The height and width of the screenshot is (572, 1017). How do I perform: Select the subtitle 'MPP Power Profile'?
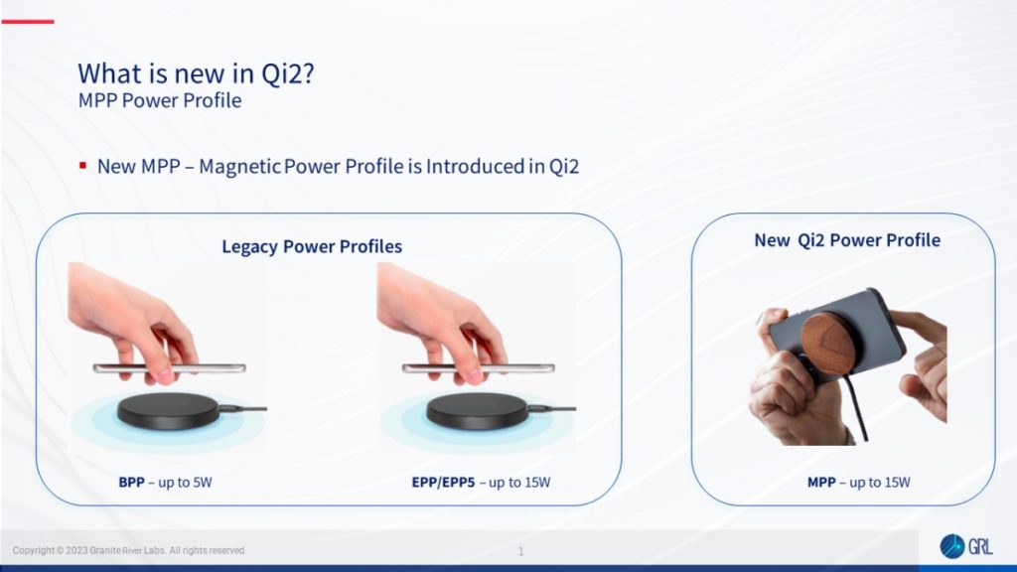(x=159, y=100)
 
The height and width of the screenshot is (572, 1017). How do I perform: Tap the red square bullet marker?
(x=83, y=165)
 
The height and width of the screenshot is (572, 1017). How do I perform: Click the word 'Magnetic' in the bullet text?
(x=238, y=166)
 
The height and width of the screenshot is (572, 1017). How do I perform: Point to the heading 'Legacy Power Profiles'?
(x=312, y=246)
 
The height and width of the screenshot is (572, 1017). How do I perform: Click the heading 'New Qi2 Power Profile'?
(x=846, y=240)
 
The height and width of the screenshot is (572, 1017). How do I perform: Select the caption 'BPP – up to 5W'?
(x=166, y=483)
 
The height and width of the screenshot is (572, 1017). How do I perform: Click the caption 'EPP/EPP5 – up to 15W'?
(x=481, y=483)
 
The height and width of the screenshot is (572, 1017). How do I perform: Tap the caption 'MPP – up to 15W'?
(x=858, y=483)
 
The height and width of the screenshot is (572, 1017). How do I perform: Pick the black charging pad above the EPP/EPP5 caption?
(x=475, y=409)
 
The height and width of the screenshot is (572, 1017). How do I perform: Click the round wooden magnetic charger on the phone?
(x=832, y=343)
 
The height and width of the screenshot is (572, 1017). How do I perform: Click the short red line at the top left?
(x=27, y=21)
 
